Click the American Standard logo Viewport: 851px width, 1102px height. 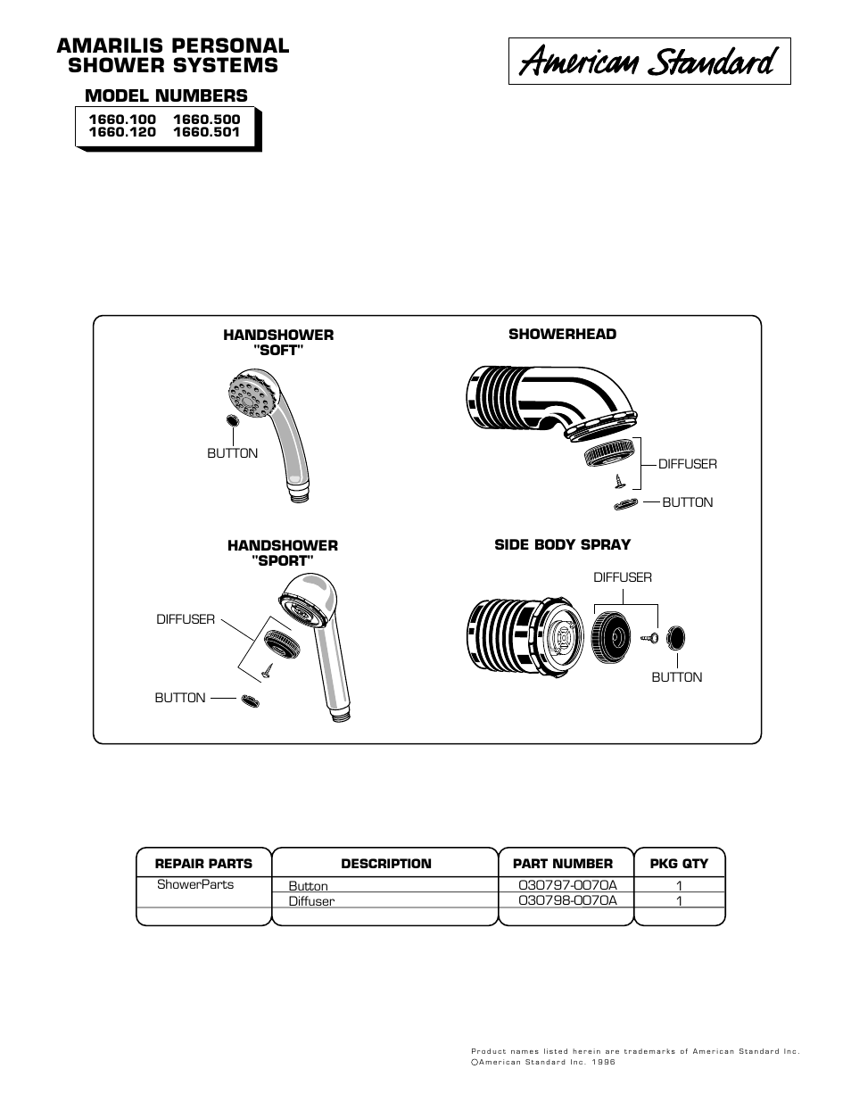[x=649, y=62]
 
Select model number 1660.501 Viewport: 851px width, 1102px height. [x=206, y=132]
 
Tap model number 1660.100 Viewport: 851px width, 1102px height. [x=121, y=119]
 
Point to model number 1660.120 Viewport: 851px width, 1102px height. [x=121, y=132]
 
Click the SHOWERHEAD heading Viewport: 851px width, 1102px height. [x=562, y=334]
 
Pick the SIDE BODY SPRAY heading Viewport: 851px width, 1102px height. [x=562, y=544]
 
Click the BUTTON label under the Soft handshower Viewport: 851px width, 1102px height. [x=232, y=453]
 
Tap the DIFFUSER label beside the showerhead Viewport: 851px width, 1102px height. [x=687, y=464]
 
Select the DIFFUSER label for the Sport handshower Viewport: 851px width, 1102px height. [x=186, y=618]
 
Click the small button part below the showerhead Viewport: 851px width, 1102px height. [x=626, y=505]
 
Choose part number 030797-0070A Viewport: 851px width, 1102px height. [x=567, y=885]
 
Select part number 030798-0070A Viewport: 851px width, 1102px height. [x=567, y=900]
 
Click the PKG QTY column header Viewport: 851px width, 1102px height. [x=678, y=864]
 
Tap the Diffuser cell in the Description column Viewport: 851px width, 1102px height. [x=311, y=901]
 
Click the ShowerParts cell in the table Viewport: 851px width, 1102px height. [x=195, y=884]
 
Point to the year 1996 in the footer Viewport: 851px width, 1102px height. [x=603, y=1062]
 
